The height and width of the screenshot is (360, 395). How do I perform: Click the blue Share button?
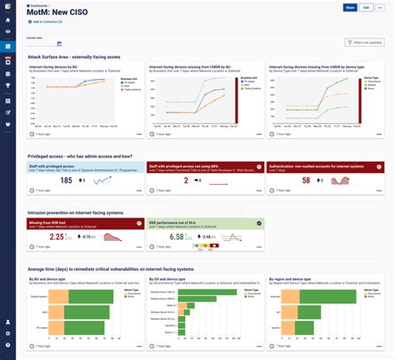click(x=350, y=7)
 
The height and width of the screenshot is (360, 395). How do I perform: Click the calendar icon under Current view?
click(x=59, y=43)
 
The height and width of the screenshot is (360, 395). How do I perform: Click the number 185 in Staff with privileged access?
click(x=67, y=181)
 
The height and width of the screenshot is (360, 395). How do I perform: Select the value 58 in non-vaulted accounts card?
click(x=306, y=180)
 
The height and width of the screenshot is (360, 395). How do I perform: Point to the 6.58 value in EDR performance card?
click(x=177, y=237)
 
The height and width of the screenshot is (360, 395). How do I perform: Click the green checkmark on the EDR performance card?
click(x=258, y=223)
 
